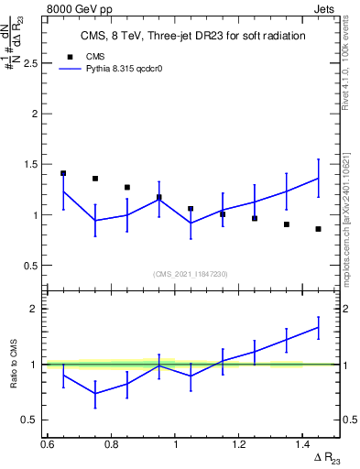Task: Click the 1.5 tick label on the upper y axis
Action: click(x=31, y=165)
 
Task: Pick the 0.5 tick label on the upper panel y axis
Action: click(x=31, y=266)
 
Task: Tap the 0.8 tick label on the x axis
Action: click(x=111, y=444)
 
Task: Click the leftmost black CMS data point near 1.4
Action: click(x=63, y=173)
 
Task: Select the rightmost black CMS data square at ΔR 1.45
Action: click(x=318, y=229)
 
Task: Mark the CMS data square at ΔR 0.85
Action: click(x=127, y=187)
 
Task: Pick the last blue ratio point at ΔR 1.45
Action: click(x=318, y=327)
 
